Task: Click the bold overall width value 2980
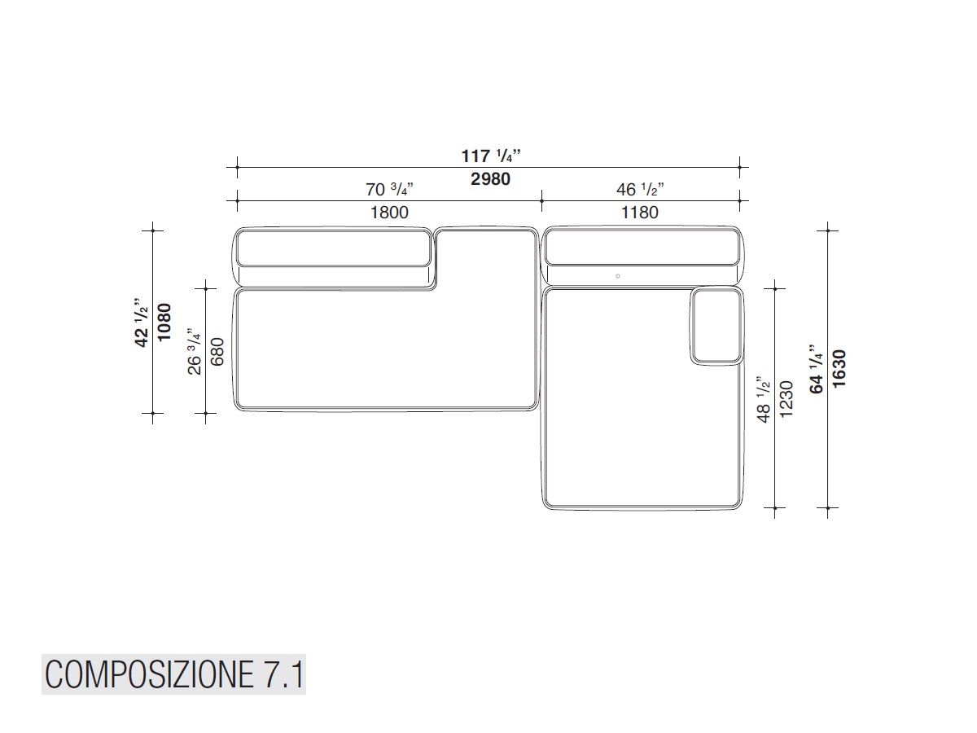[490, 179]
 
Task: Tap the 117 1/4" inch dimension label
[490, 156]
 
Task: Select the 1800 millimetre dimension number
[389, 213]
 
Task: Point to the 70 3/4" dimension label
[389, 189]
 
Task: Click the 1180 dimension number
[639, 213]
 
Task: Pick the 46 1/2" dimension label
[640, 189]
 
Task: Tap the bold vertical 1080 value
[164, 322]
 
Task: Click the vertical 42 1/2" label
[141, 322]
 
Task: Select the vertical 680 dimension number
[217, 352]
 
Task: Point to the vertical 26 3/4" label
[194, 352]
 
